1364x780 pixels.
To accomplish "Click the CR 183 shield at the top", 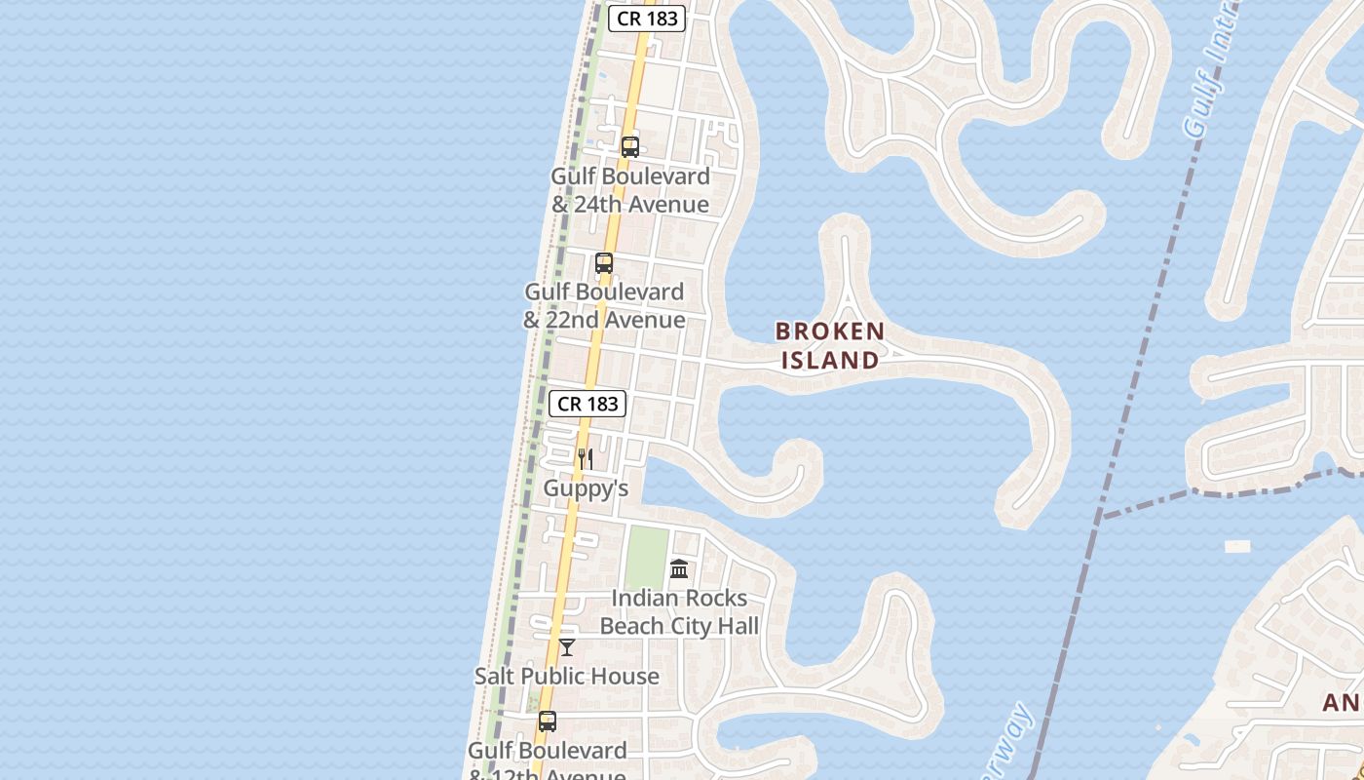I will [647, 19].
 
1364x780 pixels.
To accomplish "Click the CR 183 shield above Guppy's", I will [587, 404].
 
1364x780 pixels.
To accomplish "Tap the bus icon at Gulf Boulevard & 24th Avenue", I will [630, 147].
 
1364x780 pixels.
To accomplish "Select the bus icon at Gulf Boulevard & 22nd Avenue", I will [604, 263].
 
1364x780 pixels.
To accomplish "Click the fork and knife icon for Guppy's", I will [586, 458].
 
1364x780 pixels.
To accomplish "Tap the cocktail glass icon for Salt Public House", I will [567, 647].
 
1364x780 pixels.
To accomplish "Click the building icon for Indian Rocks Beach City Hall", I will [679, 568].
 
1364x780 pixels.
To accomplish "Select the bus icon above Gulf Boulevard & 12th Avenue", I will [548, 721].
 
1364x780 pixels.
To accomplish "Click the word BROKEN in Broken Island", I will [830, 331].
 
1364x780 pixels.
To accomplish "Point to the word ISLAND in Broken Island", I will [830, 361].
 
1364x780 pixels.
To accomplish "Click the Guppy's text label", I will [586, 487].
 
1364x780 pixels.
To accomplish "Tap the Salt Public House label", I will [567, 676].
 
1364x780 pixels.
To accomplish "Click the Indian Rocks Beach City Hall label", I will [679, 611].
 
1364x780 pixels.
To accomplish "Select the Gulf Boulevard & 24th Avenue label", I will [630, 190].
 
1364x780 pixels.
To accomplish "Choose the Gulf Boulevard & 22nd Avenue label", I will [604, 305].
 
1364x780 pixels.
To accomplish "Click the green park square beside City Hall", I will [646, 558].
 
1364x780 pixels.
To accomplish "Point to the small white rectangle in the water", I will [1237, 547].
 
